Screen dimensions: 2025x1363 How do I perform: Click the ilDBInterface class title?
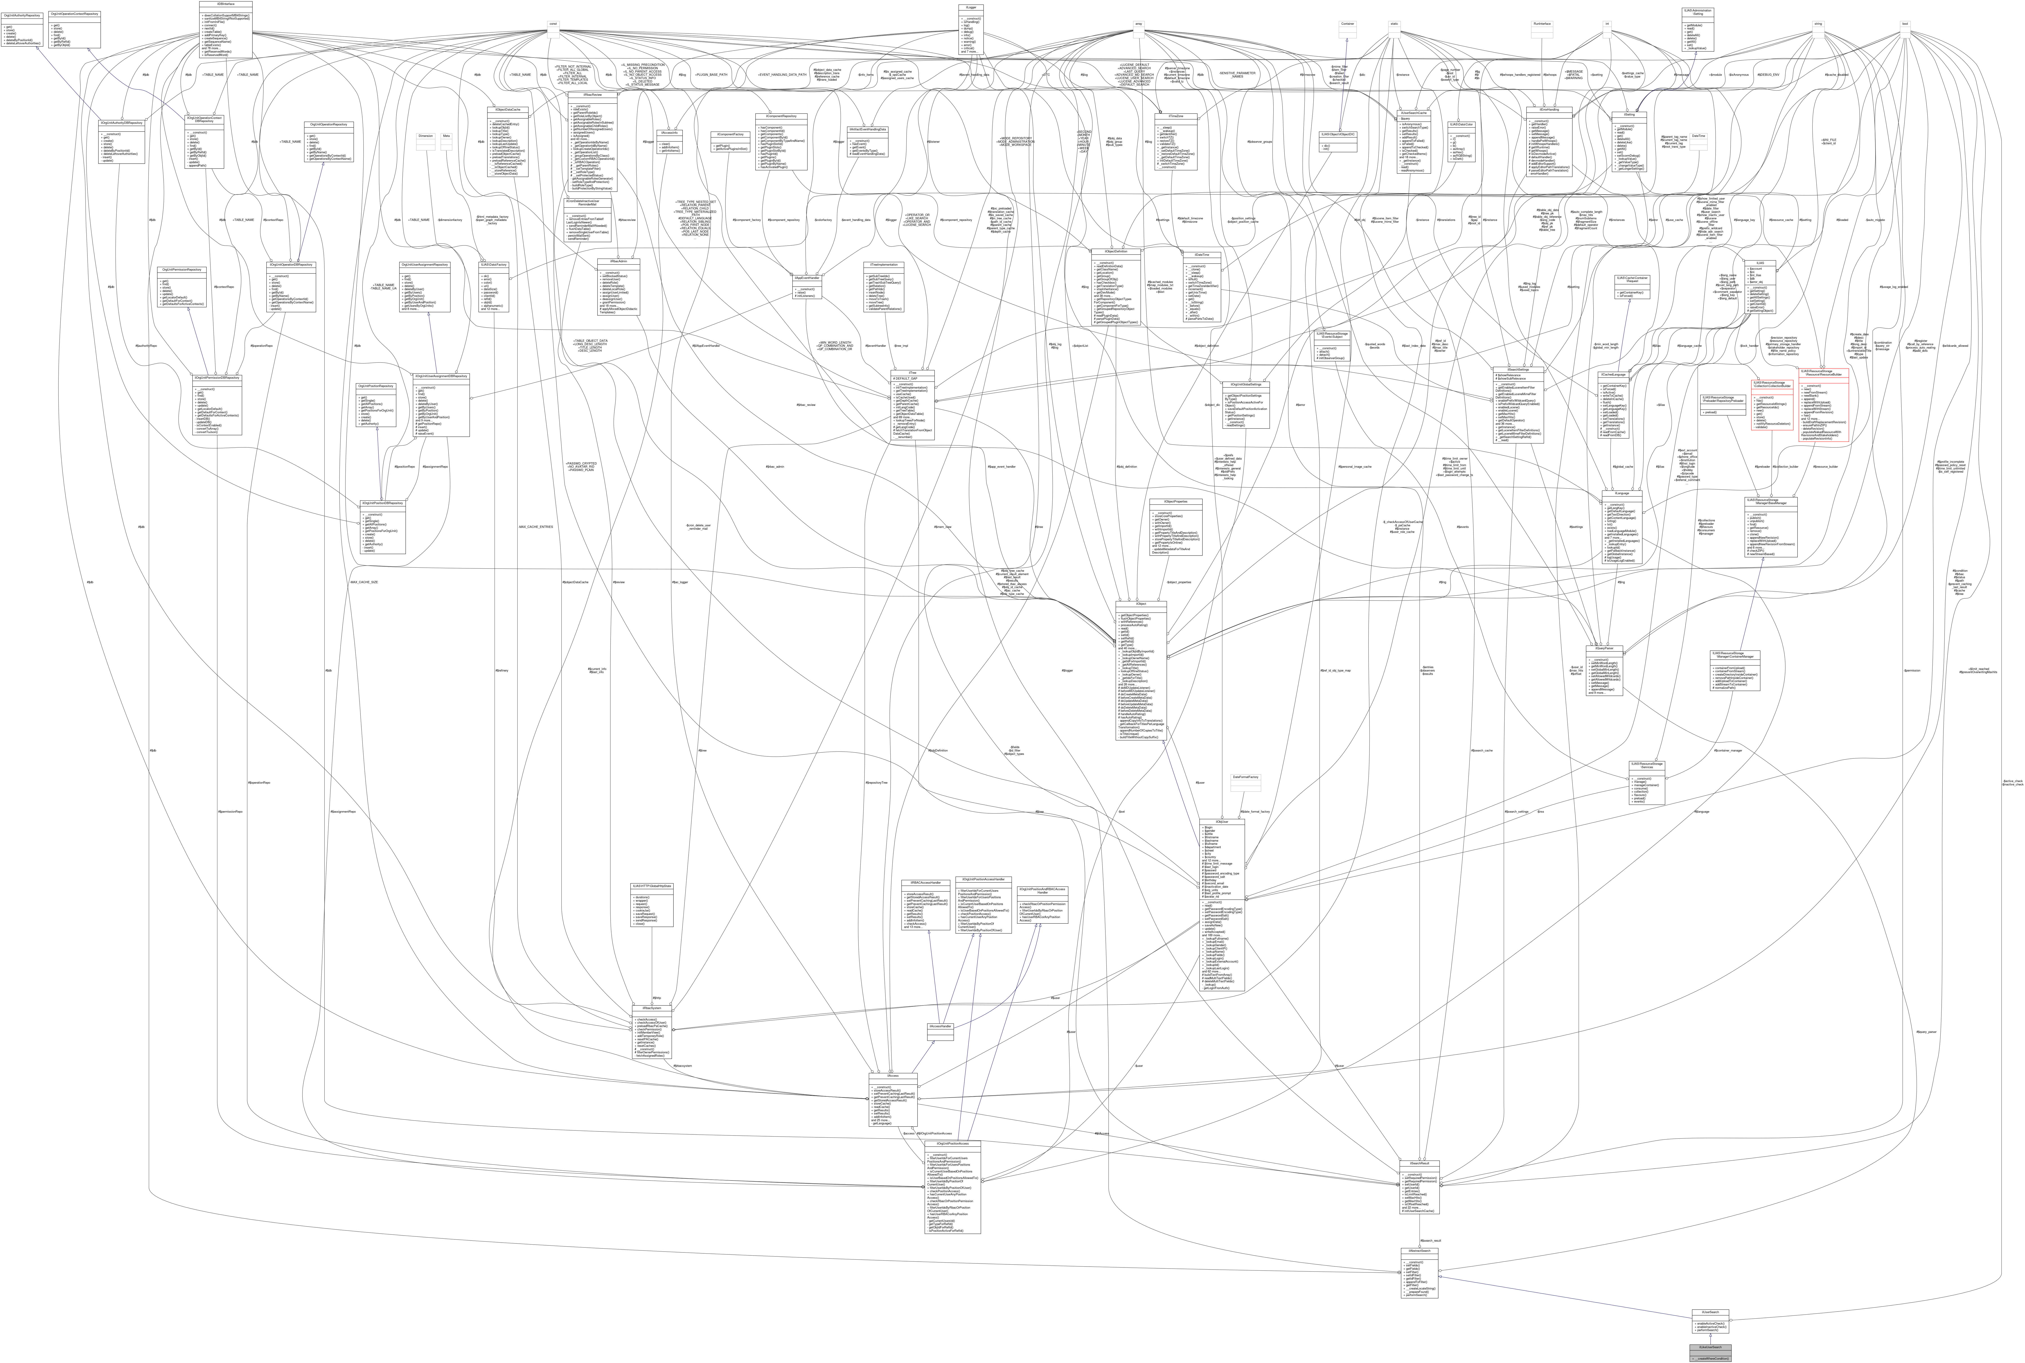225,4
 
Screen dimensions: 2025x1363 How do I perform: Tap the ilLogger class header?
971,7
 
